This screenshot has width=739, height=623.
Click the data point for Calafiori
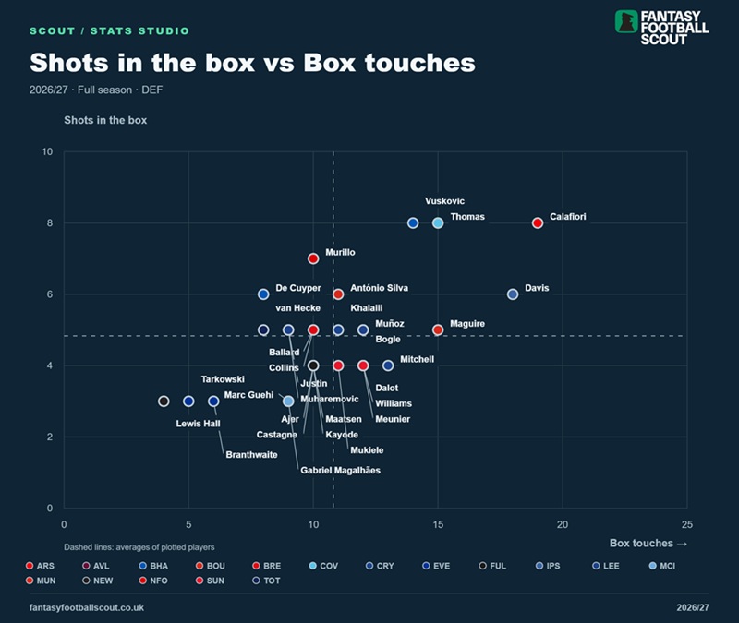tap(538, 222)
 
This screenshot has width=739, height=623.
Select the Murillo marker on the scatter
tap(313, 258)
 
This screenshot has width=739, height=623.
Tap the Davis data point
tap(513, 294)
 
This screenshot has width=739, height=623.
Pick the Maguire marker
tap(438, 329)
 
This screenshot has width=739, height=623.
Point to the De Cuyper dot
tap(263, 294)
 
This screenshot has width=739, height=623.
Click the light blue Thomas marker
tap(438, 222)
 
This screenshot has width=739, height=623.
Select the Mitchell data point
tap(388, 365)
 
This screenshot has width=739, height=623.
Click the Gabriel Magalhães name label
tap(340, 470)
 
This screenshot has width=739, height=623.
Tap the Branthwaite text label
tap(251, 454)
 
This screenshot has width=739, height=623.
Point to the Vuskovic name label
tap(444, 200)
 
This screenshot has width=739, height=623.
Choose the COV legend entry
tap(324, 566)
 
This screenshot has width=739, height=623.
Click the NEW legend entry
tap(98, 581)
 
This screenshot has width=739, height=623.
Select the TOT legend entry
tap(266, 581)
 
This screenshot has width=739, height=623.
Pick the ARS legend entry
tap(40, 566)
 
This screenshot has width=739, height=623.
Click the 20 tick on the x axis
tap(563, 524)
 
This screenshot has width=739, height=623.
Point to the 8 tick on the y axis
tap(50, 222)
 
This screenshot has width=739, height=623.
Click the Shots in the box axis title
tap(105, 120)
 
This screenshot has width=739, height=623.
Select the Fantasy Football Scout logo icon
tap(626, 21)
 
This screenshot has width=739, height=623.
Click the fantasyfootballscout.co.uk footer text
tap(87, 607)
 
